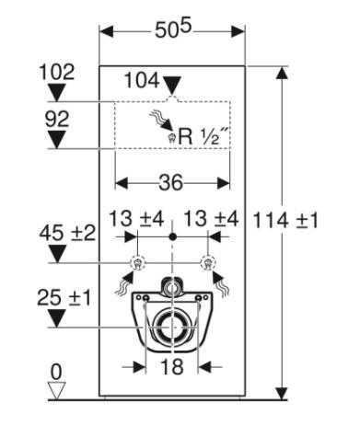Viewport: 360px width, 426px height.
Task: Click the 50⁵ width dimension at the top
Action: (x=172, y=31)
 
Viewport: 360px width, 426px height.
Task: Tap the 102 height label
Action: (x=57, y=70)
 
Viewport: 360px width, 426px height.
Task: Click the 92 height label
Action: (x=57, y=118)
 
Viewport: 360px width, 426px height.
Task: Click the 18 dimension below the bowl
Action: (x=172, y=366)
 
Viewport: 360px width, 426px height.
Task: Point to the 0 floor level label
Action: (x=57, y=372)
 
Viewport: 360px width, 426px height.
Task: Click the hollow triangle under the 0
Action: (x=57, y=390)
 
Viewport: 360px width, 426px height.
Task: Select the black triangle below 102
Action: (x=57, y=91)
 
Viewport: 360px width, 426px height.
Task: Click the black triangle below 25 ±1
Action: (x=57, y=318)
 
